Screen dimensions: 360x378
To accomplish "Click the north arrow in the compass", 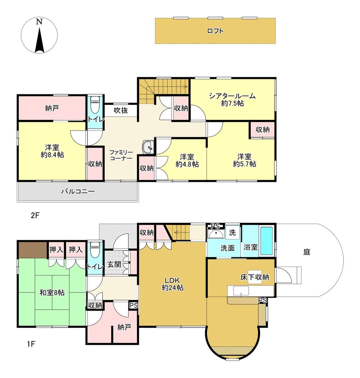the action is point(39,40).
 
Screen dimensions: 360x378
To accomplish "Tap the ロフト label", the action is point(215,31).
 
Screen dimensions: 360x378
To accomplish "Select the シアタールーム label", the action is point(232,96).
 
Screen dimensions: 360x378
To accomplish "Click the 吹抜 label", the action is point(121,110).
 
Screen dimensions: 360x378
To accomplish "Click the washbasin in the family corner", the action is point(148,147).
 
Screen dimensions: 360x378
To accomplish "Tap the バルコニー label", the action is point(78,192).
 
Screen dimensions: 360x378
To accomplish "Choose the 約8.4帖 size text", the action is point(52,155).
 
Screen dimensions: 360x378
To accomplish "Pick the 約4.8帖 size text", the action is point(187,164).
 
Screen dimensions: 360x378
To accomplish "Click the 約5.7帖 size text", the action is point(244,164).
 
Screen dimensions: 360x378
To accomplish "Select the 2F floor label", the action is point(35,215).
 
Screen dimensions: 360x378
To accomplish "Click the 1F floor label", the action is point(31,344).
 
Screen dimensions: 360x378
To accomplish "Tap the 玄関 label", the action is point(114,264).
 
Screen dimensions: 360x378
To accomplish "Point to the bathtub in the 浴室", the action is point(266,241).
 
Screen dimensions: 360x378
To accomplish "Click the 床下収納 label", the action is point(255,277).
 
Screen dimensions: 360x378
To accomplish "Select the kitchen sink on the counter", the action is point(241,291).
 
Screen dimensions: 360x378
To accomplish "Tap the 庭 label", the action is point(307,252).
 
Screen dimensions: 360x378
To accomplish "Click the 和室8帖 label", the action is point(52,293).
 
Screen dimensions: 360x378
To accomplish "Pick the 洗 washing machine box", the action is point(232,232).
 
